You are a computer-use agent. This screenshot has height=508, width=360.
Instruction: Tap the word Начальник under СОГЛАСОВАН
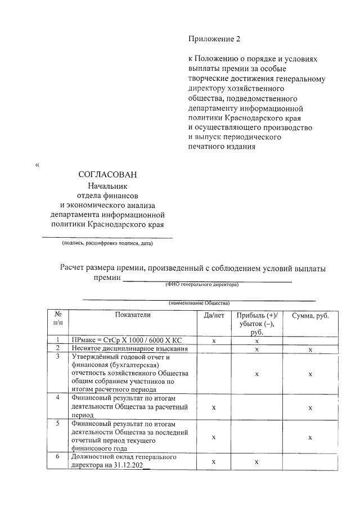[x=107, y=185]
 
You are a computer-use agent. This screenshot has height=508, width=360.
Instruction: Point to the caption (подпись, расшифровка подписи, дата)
[x=107, y=243]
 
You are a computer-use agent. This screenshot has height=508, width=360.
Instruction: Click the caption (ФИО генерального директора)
[x=201, y=284]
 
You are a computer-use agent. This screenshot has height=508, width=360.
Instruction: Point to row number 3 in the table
[x=58, y=357]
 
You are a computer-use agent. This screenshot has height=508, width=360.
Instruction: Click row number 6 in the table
[x=58, y=457]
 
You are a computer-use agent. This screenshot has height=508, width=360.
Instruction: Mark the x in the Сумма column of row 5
[x=310, y=436]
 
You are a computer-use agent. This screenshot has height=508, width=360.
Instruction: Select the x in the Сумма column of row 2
[x=310, y=349]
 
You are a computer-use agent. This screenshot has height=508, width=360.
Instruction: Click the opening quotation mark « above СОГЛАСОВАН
[x=38, y=165]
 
